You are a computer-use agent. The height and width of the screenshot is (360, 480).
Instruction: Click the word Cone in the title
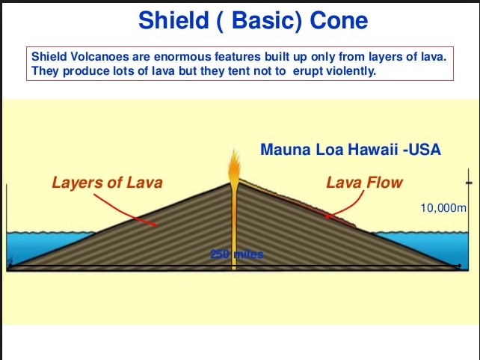point(339,20)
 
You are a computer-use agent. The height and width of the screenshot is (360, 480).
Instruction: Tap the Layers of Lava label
point(106,182)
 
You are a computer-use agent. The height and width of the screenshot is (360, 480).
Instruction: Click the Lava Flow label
point(364,182)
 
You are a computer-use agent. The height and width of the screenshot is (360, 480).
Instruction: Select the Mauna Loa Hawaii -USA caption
point(350,150)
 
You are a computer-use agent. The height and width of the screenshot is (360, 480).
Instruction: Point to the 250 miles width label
point(236,254)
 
